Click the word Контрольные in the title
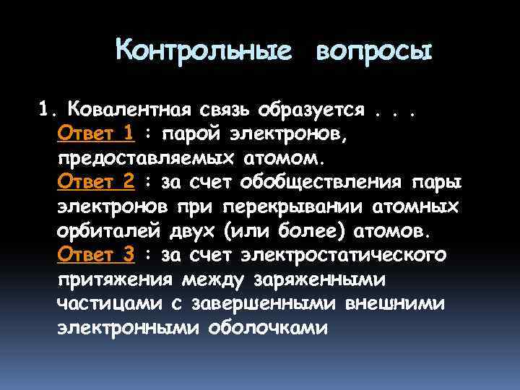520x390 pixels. (x=204, y=51)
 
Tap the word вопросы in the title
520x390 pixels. (x=373, y=51)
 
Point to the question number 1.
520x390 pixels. (x=46, y=110)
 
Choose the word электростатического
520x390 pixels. (x=344, y=255)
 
